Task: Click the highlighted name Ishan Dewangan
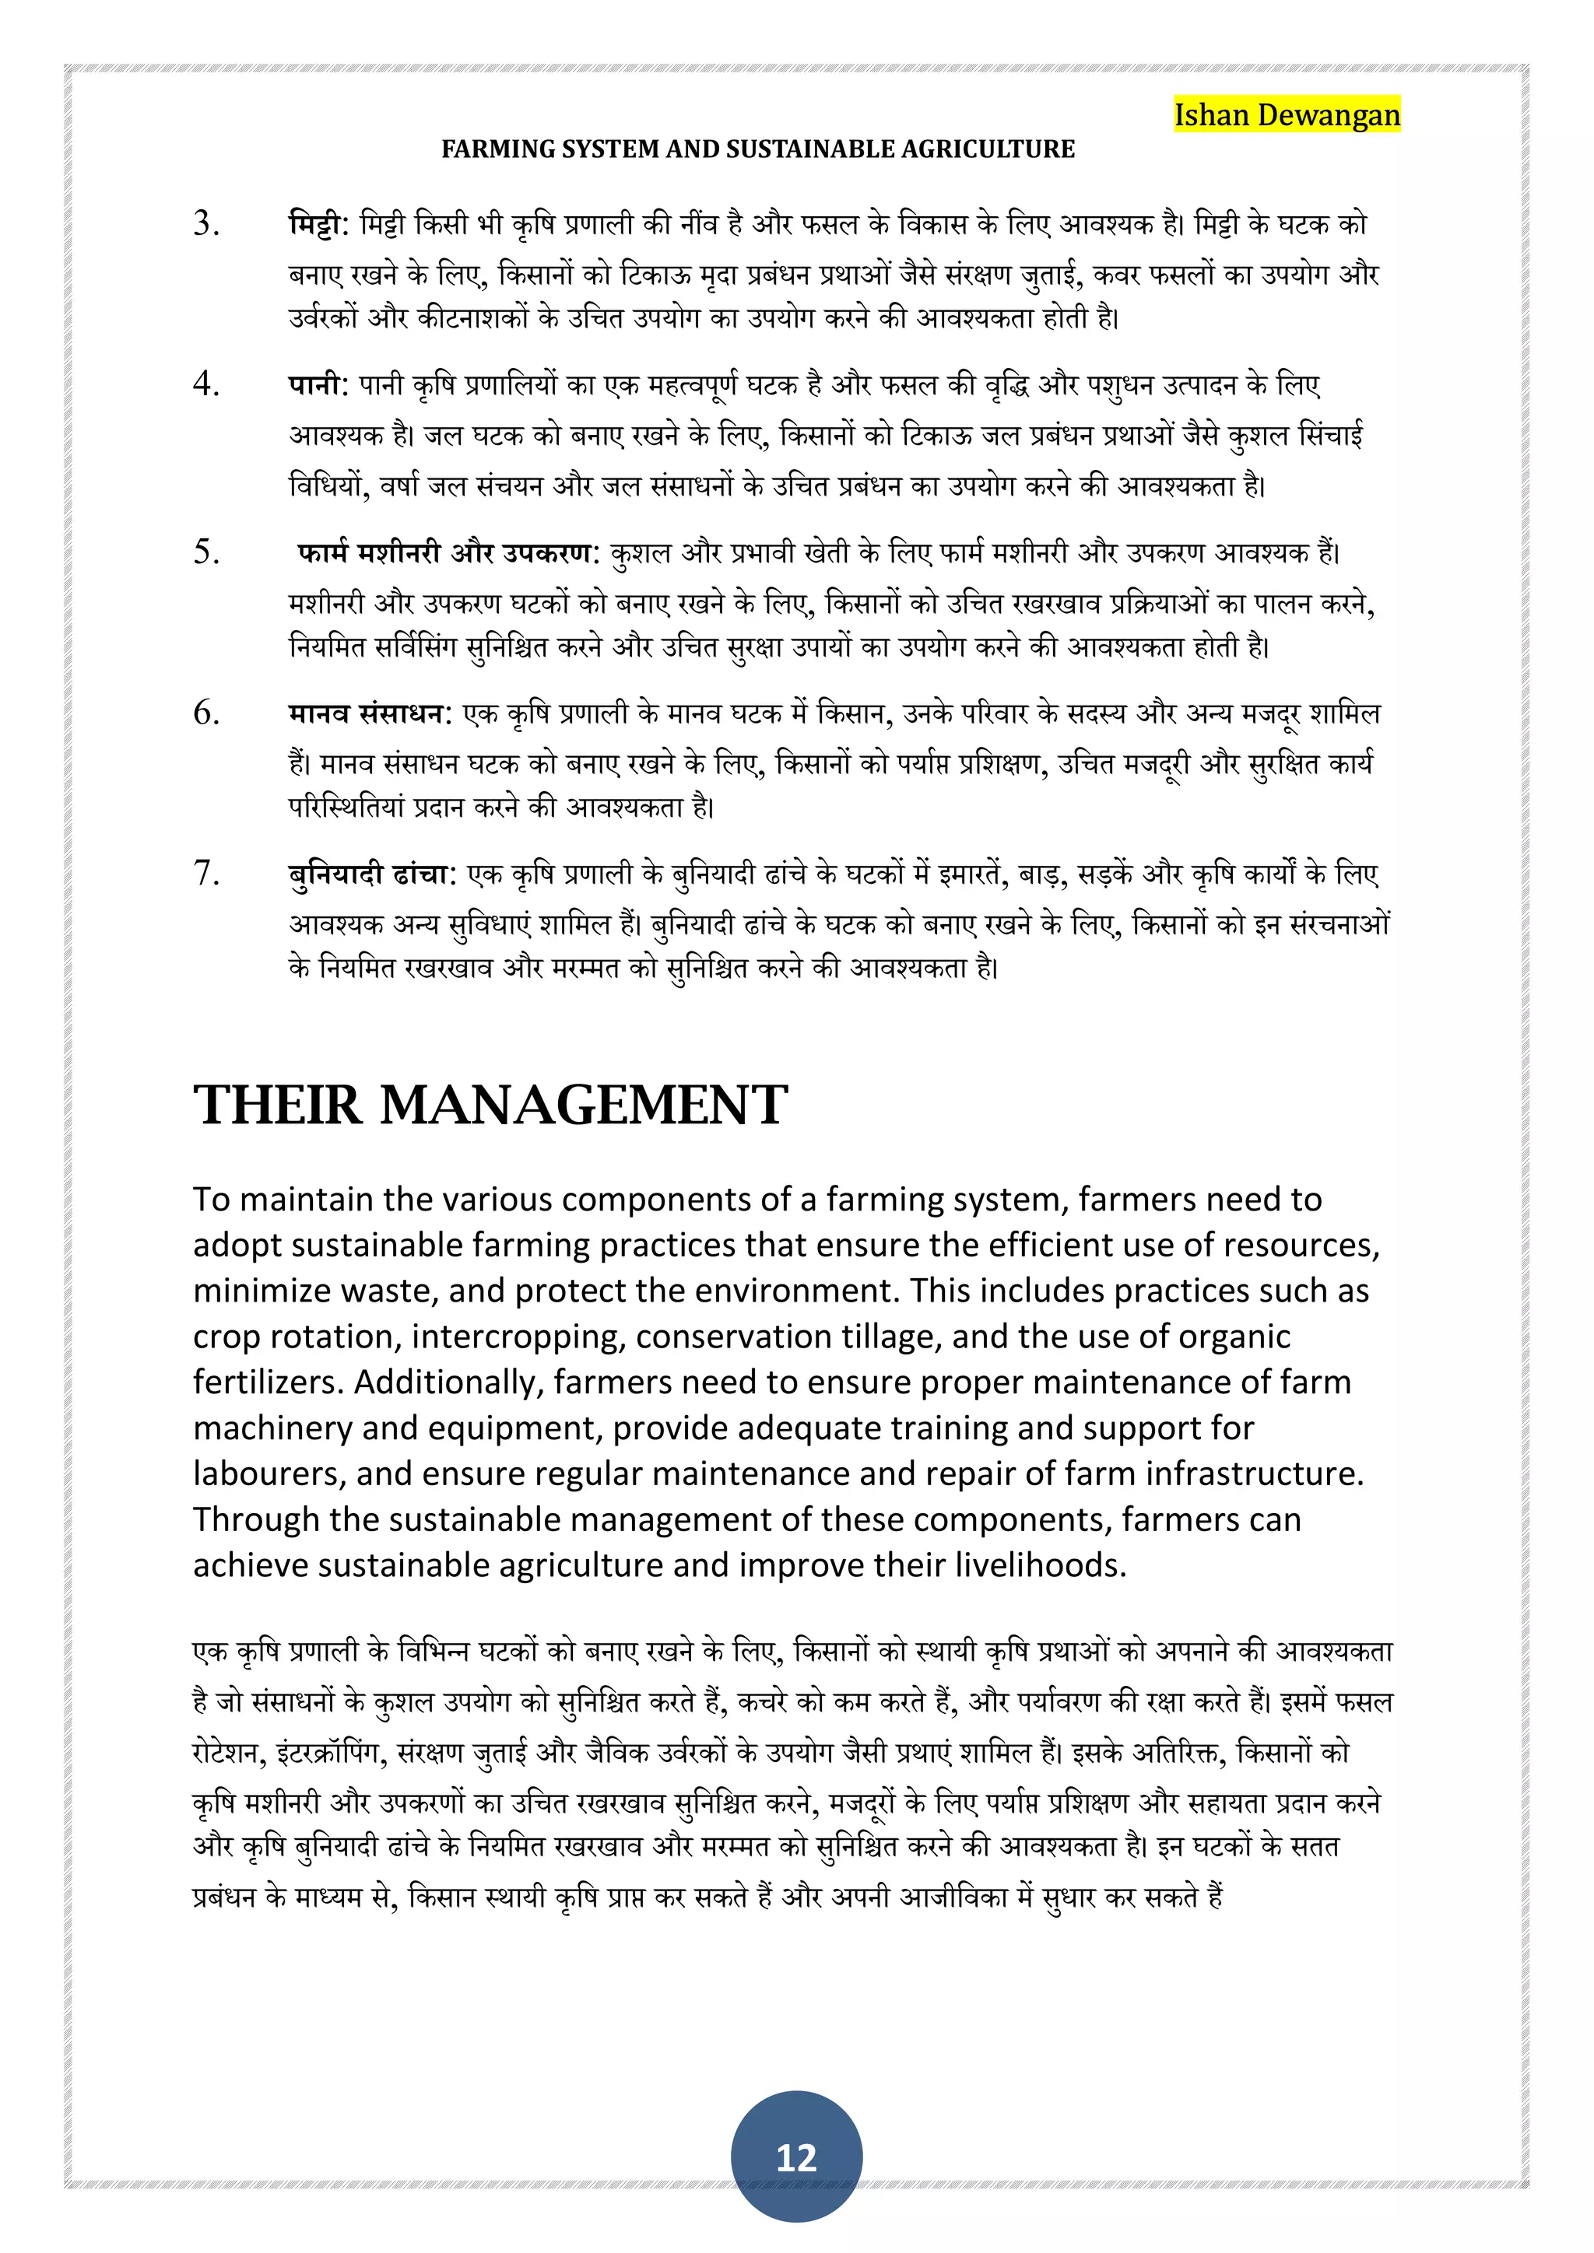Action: tap(1286, 115)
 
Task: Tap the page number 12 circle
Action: tap(796, 2156)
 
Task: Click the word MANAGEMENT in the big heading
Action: tap(583, 1105)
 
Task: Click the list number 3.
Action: tap(206, 224)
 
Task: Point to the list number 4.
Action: tap(206, 384)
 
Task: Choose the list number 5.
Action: tap(206, 552)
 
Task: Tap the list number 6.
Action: tap(206, 713)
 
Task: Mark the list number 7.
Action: tap(206, 872)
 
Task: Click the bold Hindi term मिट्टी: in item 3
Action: tap(318, 224)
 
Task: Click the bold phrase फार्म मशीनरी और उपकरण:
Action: tap(448, 553)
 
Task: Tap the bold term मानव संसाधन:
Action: tap(369, 713)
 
